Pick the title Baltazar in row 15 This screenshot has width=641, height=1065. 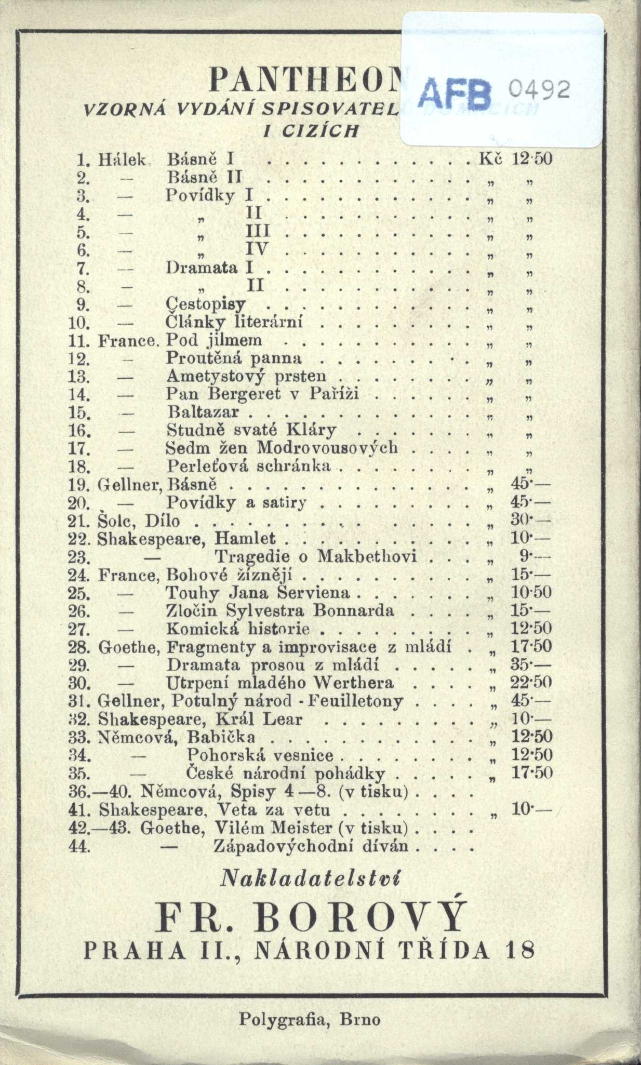pos(204,412)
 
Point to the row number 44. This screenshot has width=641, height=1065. pos(80,846)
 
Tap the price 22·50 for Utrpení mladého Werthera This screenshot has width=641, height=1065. pos(531,683)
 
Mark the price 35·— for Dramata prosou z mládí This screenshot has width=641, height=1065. pos(530,665)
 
